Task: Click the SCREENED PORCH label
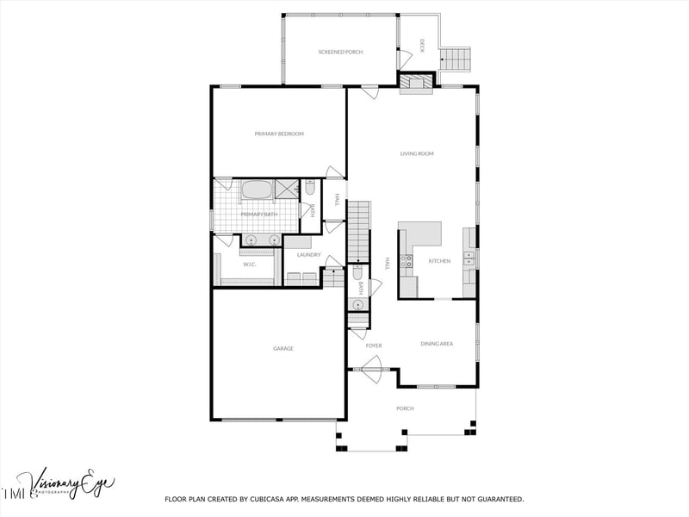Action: click(340, 52)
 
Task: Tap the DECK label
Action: click(422, 46)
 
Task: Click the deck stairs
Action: click(456, 59)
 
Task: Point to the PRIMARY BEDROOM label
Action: click(279, 134)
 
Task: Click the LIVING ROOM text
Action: click(417, 153)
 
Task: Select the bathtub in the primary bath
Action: click(257, 190)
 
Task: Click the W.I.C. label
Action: click(249, 265)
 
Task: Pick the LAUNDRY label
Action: click(308, 255)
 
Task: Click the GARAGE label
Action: click(283, 348)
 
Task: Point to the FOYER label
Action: click(374, 346)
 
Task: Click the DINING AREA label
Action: click(437, 344)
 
